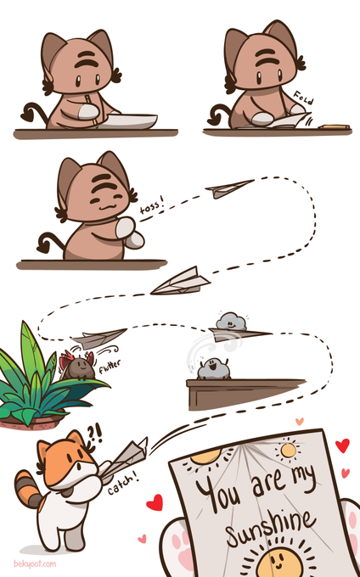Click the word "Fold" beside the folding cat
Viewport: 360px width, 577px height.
pos(303,97)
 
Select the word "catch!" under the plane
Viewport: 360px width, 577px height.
pos(124,485)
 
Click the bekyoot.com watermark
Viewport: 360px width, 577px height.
pos(35,563)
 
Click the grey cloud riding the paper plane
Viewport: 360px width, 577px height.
pos(231,322)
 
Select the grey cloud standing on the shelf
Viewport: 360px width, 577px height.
pos(213,368)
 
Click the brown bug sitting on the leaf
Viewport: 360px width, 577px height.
pos(78,367)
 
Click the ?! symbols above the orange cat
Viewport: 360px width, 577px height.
pos(95,435)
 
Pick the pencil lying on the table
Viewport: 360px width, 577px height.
pos(335,127)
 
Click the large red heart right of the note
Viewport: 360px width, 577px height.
pos(342,445)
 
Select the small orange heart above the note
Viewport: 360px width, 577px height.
pos(300,421)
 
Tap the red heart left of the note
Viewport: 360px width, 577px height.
pos(155,502)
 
